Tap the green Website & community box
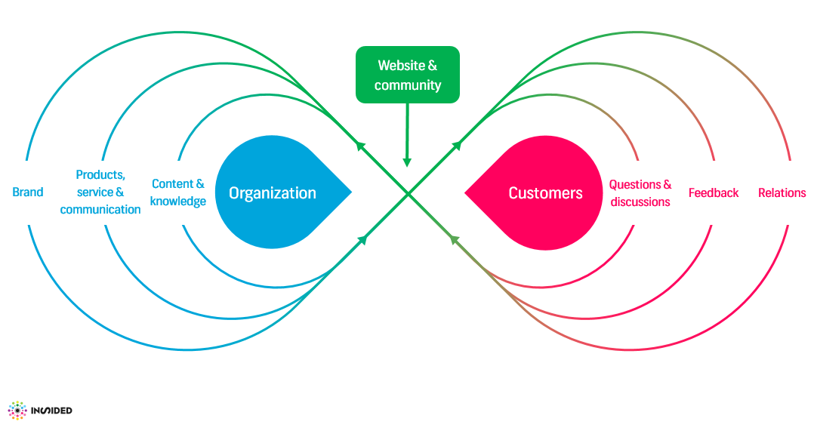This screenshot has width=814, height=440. (408, 75)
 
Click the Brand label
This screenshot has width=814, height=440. (28, 192)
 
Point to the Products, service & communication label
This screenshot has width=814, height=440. (100, 192)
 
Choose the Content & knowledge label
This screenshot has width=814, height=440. (178, 192)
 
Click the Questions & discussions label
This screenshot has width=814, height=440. (640, 193)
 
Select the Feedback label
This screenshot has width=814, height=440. (714, 193)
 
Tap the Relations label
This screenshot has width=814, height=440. (782, 193)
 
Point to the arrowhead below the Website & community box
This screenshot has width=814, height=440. (408, 162)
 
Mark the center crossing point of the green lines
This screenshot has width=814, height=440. (409, 195)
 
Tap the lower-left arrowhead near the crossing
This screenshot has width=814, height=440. (362, 240)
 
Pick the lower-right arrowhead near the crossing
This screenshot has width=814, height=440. (455, 240)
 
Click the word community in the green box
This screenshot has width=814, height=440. (408, 85)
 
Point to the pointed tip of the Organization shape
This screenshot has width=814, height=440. (351, 192)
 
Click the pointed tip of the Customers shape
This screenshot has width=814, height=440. (466, 192)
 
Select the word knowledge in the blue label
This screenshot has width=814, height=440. (178, 202)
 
